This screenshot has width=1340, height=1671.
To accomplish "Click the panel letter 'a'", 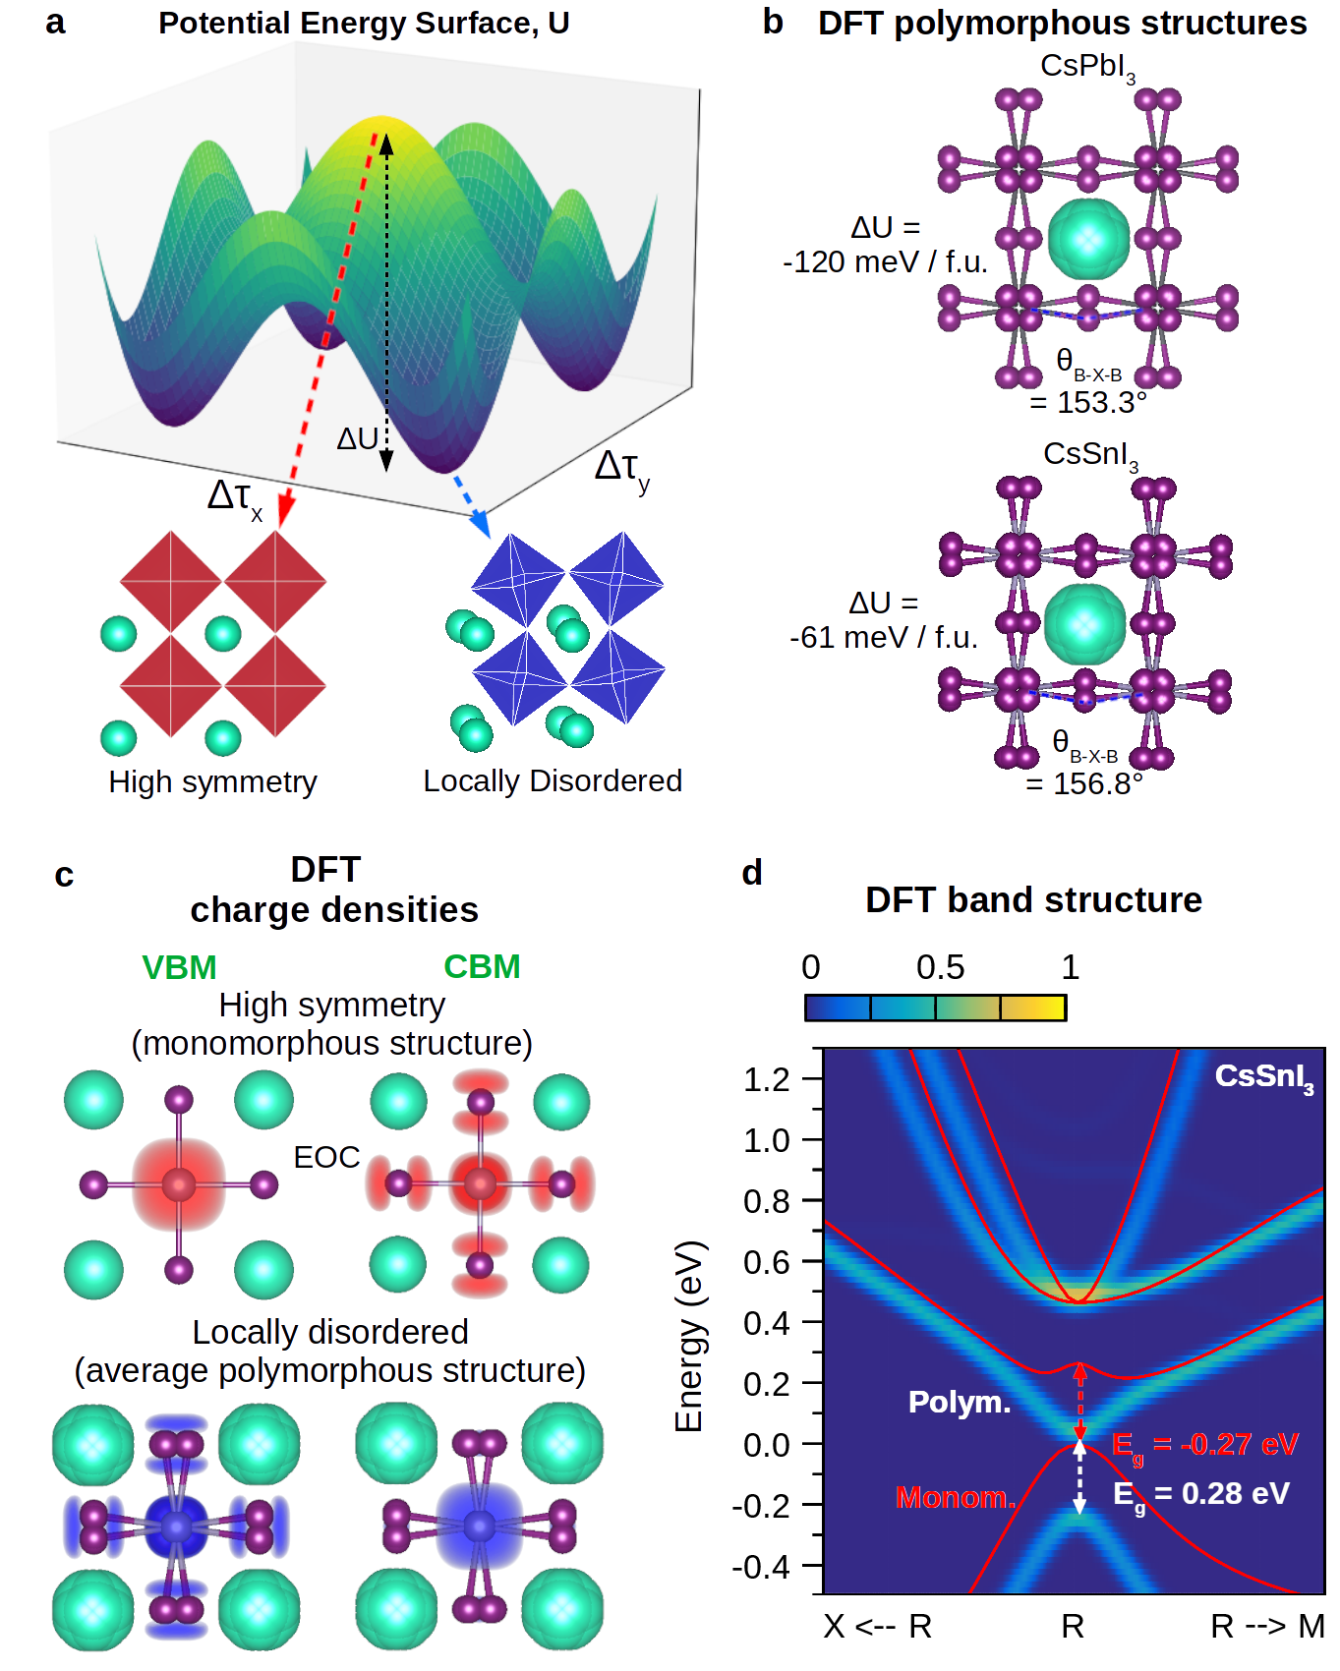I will click(x=55, y=22).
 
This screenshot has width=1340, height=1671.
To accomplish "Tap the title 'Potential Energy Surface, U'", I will click(x=364, y=23).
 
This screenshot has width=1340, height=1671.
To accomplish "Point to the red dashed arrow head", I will click(x=285, y=513).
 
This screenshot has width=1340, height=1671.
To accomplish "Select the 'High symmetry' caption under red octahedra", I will click(x=212, y=782).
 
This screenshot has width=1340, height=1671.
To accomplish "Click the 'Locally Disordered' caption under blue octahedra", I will click(x=553, y=781).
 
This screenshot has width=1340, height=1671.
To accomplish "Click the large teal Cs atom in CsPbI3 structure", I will click(x=1088, y=239).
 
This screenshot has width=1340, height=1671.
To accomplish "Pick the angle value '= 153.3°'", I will click(x=1088, y=403).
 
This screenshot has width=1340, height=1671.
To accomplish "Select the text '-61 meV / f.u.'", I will click(x=884, y=638).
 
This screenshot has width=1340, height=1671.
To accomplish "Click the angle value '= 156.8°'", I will click(x=1084, y=784).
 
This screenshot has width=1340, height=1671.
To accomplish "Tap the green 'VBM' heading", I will click(x=179, y=967).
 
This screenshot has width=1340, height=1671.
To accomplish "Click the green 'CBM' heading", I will click(x=482, y=967).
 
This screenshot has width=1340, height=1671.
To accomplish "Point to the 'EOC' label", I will click(x=326, y=1157).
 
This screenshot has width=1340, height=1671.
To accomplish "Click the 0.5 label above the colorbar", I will click(x=940, y=968).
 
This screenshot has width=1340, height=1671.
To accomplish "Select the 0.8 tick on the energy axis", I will click(x=767, y=1201).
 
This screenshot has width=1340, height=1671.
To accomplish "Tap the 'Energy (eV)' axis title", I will click(x=690, y=1337).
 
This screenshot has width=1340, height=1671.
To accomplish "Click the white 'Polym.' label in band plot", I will click(x=959, y=1402).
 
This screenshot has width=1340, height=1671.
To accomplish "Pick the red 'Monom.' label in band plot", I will click(x=955, y=1498).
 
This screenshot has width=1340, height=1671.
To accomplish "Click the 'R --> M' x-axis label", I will click(x=1267, y=1627).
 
